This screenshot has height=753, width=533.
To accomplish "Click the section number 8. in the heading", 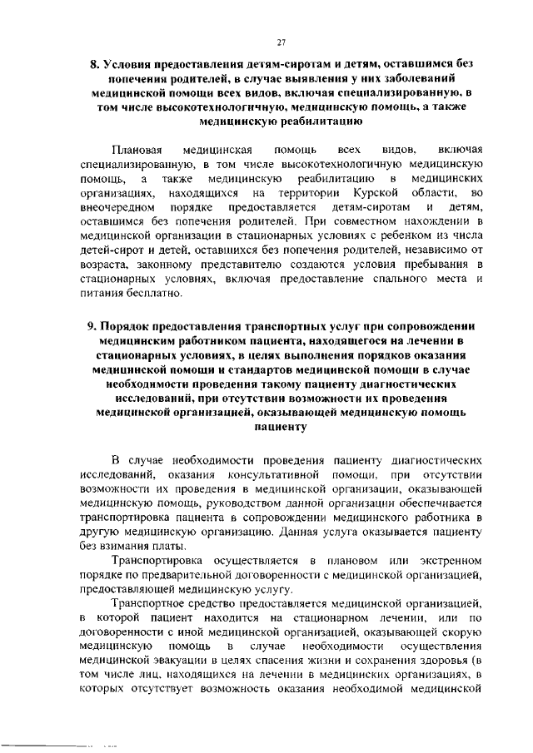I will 94,65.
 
